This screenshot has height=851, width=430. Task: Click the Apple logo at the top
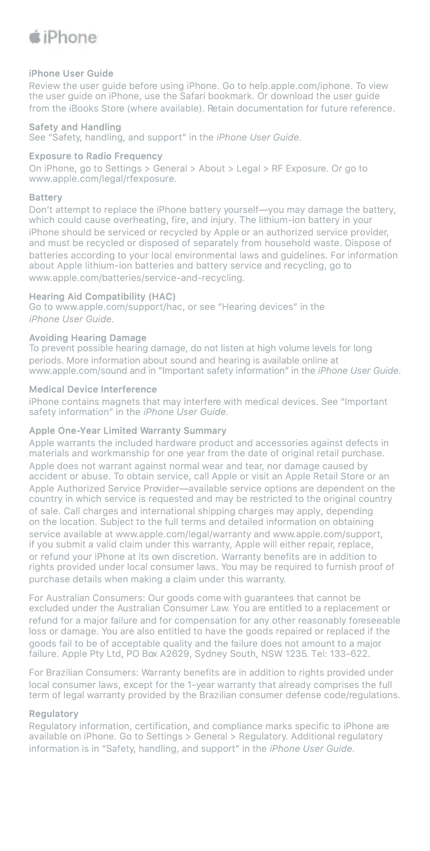35,37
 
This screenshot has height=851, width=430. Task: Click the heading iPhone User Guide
71,73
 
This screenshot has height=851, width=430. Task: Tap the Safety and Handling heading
75,127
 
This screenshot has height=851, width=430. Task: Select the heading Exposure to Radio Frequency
95,156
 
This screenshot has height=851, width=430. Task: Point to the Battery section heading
46,197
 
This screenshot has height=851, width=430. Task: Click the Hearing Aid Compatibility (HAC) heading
102,297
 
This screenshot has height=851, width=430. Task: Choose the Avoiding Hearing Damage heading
87,338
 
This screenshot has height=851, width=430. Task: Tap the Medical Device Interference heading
93,389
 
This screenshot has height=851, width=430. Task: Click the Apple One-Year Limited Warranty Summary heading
128,431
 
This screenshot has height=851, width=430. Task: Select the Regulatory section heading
54,714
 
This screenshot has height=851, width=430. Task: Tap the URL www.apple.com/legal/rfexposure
102,179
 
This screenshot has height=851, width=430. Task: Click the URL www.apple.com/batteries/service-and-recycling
136,278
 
